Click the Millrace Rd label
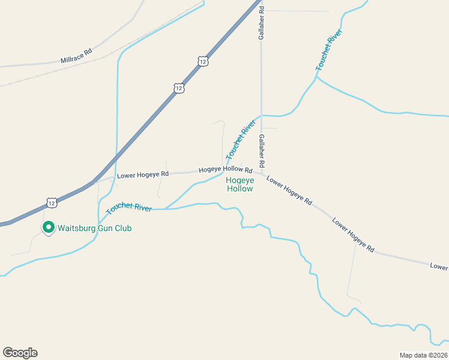(76, 56)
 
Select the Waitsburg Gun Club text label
(94, 228)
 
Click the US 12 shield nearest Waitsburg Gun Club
(52, 203)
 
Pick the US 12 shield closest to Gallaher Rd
(203, 61)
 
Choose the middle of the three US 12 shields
(179, 88)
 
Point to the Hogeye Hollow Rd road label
(225, 170)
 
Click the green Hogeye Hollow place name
(240, 184)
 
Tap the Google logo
(20, 353)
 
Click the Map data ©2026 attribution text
(423, 355)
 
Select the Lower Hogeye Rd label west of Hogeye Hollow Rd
(143, 175)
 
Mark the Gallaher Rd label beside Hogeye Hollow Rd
(262, 151)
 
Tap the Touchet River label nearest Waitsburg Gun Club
(129, 208)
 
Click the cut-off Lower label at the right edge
(439, 265)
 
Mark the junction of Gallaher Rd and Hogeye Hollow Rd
(262, 173)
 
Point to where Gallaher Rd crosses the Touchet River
(261, 115)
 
